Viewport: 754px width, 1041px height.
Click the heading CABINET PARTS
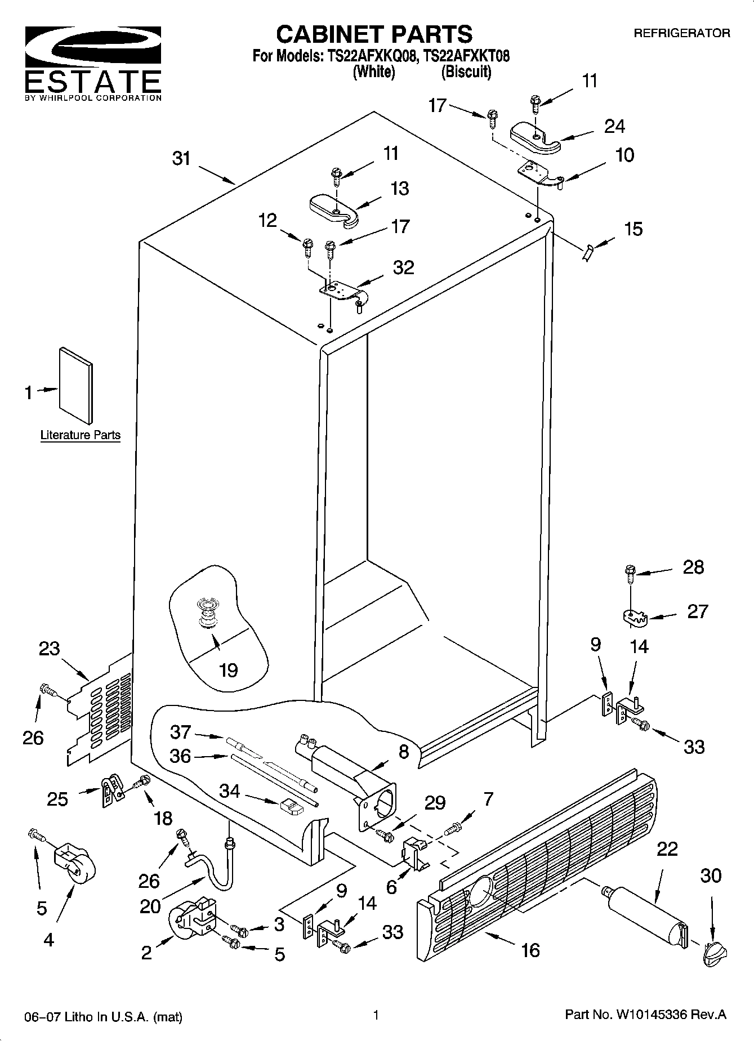374,34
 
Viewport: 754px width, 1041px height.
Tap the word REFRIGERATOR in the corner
682,33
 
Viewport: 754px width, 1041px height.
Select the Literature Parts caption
81,435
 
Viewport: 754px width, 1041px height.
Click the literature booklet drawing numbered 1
76,385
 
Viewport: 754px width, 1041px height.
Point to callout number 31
181,159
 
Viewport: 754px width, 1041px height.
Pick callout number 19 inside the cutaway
228,670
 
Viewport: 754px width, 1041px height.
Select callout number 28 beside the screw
693,568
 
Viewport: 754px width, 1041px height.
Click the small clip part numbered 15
587,252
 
